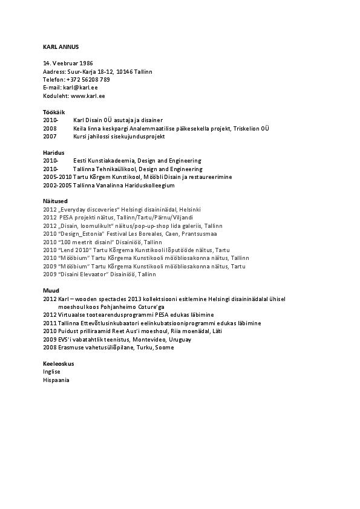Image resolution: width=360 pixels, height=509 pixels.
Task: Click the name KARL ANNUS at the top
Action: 61,47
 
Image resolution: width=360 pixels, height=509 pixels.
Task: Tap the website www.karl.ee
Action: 88,96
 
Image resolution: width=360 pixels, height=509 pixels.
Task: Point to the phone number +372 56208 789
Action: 88,79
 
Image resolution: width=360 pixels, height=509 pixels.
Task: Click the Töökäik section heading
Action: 54,112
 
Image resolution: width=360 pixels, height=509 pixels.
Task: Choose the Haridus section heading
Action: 53,152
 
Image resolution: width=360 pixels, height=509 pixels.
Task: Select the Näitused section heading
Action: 55,201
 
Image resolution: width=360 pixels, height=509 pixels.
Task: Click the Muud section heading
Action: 51,291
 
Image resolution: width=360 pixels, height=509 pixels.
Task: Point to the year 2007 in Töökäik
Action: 50,137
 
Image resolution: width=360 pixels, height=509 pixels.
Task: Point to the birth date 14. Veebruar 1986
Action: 68,63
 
